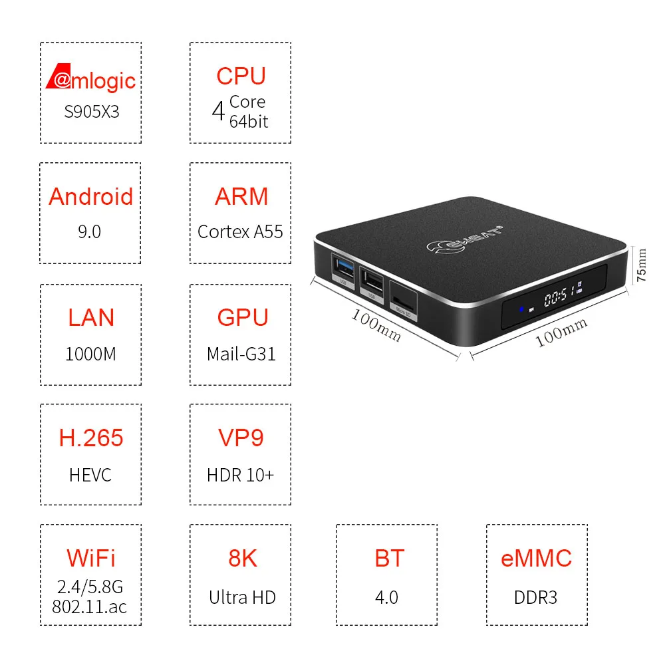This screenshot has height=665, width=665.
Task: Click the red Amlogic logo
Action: pos(90,80)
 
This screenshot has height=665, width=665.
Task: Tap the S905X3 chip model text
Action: pos(91,111)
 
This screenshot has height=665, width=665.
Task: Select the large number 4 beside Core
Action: pos(218,112)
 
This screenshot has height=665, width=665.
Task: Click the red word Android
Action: pos(90,197)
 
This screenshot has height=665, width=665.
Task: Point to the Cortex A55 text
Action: pos(240,231)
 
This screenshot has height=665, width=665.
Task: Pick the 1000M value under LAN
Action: pos(90,354)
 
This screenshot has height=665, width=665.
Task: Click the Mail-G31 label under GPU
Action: pos(240,354)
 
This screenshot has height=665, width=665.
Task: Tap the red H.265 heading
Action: pos(90,438)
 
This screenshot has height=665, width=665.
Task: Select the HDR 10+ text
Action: pos(240,475)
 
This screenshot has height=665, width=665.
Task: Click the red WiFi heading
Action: pos(90,558)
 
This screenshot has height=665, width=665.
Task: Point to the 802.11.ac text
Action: pos(90,606)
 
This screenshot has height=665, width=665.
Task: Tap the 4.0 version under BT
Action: pos(386,597)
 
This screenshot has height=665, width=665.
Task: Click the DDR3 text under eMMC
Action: pos(535,597)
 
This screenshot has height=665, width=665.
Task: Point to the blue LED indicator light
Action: pos(523,308)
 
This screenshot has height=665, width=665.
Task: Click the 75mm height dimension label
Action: pos(641,266)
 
